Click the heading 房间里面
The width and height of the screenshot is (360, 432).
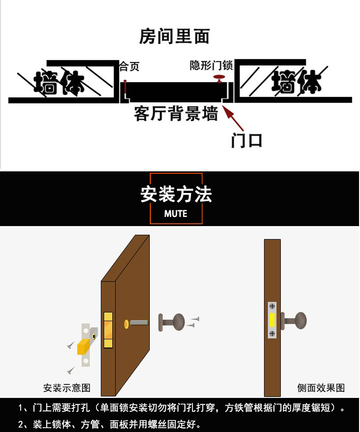tap(174, 36)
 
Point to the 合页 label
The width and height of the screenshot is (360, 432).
tap(129, 66)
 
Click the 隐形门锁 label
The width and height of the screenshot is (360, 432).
tap(212, 65)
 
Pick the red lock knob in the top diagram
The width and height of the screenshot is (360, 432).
tap(219, 77)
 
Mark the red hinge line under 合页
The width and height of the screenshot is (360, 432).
tap(125, 87)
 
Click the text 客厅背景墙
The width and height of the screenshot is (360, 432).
tap(176, 114)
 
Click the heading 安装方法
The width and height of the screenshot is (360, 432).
tap(176, 194)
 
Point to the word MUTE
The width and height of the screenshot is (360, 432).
tap(176, 214)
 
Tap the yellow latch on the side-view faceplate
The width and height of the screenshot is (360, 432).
tap(272, 320)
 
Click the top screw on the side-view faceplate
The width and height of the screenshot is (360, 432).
tap(272, 306)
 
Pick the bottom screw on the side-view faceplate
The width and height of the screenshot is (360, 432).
tap(272, 333)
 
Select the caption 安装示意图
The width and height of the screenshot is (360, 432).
tap(67, 388)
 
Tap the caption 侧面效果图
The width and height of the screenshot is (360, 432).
tap(321, 388)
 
